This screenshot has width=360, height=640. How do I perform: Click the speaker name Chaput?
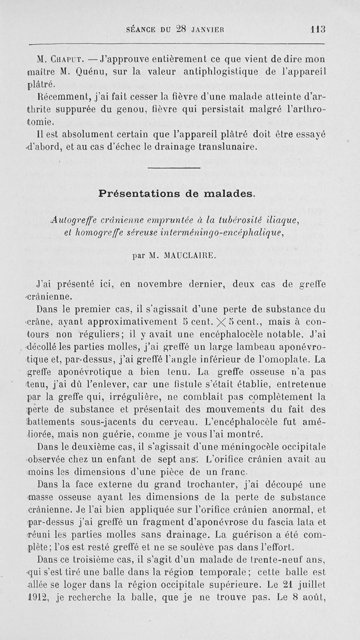tap(66, 59)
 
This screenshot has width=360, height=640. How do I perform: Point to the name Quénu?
tap(90, 71)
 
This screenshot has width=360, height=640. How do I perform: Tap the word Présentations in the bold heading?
tap(139, 194)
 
